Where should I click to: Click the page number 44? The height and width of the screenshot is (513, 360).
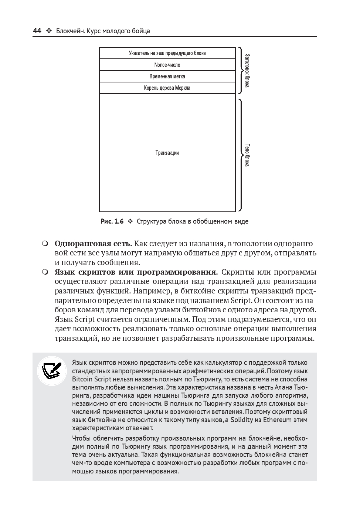tap(37, 31)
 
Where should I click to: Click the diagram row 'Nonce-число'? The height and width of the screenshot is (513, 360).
tap(167, 65)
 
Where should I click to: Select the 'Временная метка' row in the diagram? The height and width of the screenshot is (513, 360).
tap(167, 77)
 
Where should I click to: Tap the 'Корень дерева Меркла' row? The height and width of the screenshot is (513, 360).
tap(167, 88)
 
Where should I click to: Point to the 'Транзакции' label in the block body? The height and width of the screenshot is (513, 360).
tap(167, 153)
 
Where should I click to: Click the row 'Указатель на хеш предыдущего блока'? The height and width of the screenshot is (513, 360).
tap(167, 53)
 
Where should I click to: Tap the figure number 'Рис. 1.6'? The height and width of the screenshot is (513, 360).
tap(112, 222)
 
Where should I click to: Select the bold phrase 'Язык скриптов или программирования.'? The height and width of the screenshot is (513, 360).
tap(136, 272)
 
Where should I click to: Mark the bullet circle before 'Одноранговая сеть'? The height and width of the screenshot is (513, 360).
tap(45, 244)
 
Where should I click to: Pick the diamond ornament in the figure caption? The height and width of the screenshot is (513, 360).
tap(130, 222)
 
